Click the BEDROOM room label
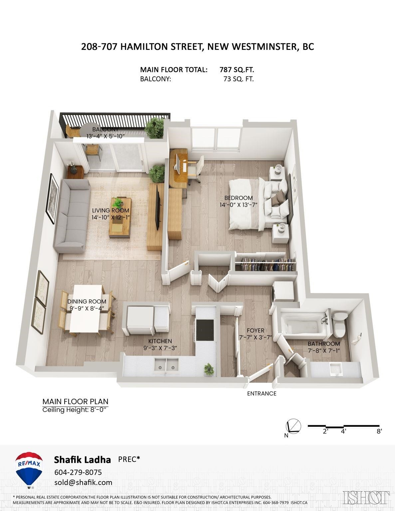238,198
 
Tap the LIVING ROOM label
110,211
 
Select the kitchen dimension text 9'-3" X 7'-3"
160,348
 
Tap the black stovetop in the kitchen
205,330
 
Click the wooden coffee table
120,218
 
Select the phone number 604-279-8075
78,472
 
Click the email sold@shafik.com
83,482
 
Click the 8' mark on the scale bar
379,431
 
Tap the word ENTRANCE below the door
262,394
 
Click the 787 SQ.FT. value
237,70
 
